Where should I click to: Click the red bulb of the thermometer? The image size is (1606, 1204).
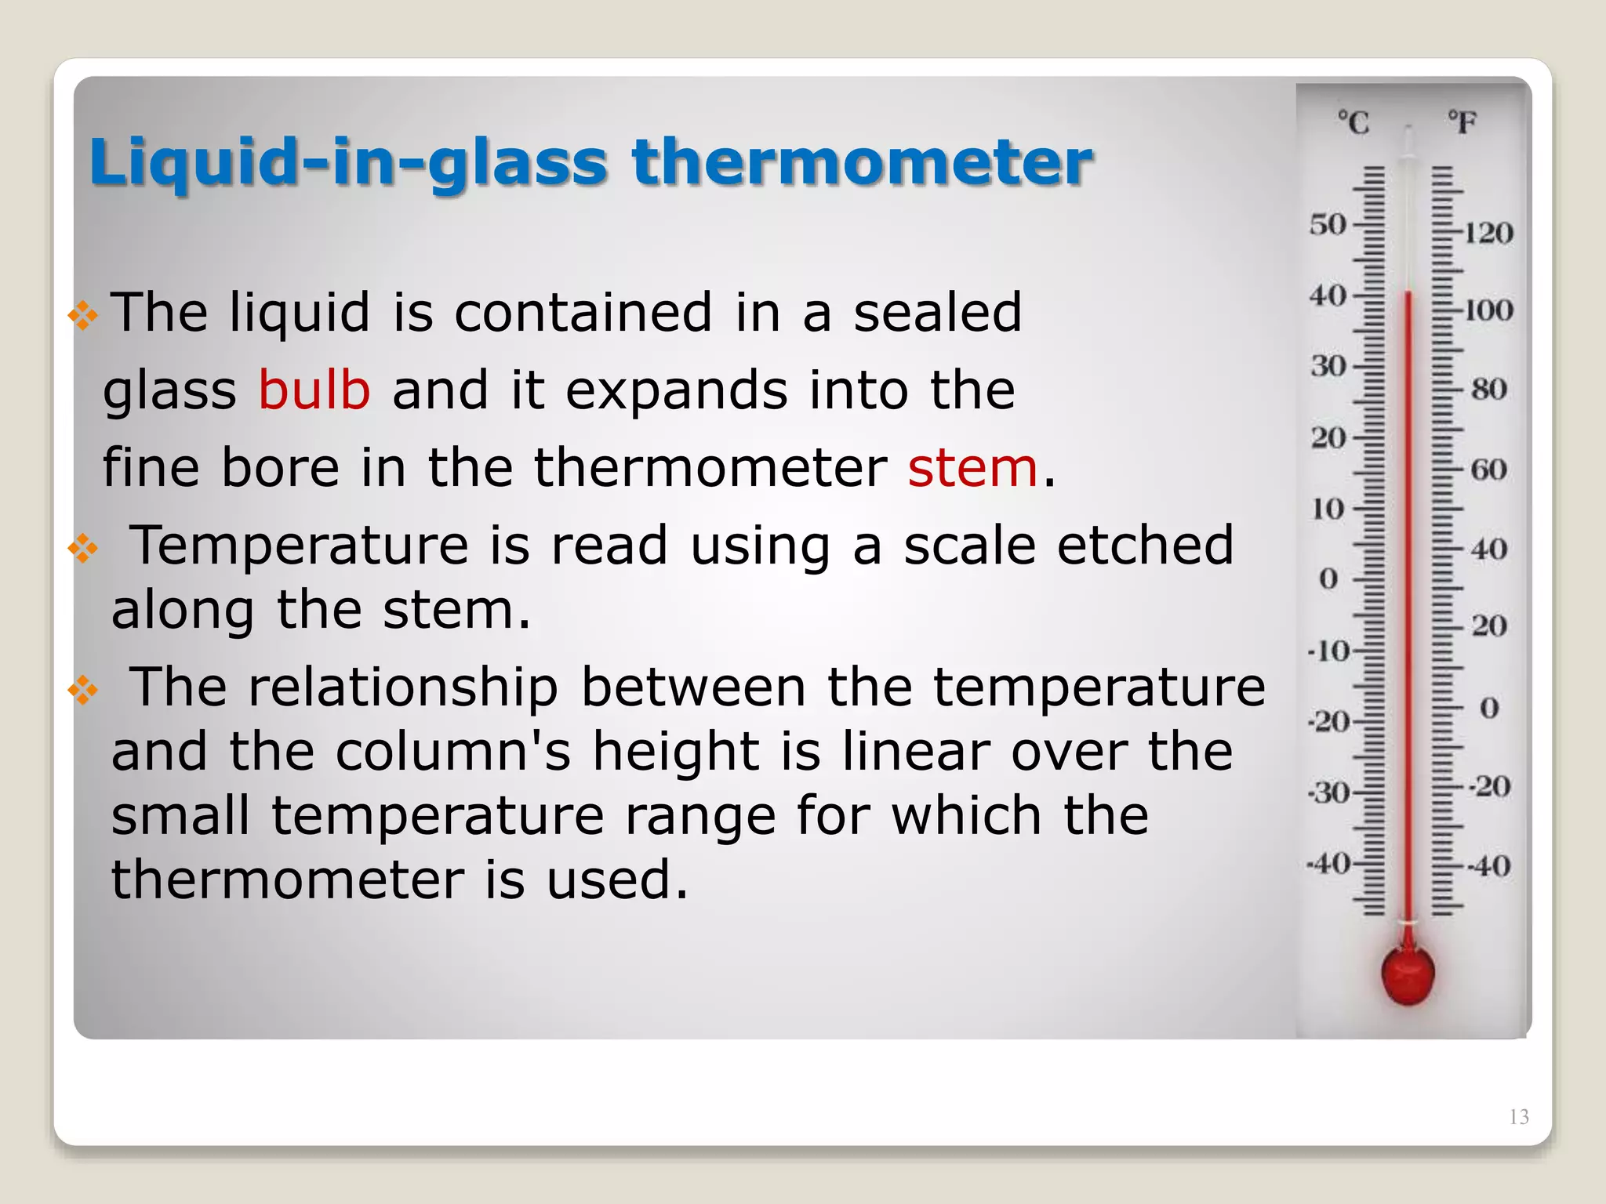1408,974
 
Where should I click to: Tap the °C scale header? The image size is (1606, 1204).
1353,123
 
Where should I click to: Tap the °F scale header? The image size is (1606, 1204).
1462,123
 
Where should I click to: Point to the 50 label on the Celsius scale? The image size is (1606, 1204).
1328,225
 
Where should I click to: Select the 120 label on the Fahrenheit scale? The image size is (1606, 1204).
1488,233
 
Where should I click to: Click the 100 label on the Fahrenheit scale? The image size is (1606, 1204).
1488,310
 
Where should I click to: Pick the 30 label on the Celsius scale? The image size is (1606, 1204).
1328,366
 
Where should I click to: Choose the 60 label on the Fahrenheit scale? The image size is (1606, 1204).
1488,470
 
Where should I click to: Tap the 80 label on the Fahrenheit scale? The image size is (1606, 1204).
1488,389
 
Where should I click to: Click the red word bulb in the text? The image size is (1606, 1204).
314,390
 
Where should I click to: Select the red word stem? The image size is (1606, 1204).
972,467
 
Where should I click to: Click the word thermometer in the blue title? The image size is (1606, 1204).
862,162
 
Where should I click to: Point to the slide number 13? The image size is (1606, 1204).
1518,1117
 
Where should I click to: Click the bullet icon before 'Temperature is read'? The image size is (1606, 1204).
83,549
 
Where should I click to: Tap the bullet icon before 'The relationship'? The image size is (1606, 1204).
83,690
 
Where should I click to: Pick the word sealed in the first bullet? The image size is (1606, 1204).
937,312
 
